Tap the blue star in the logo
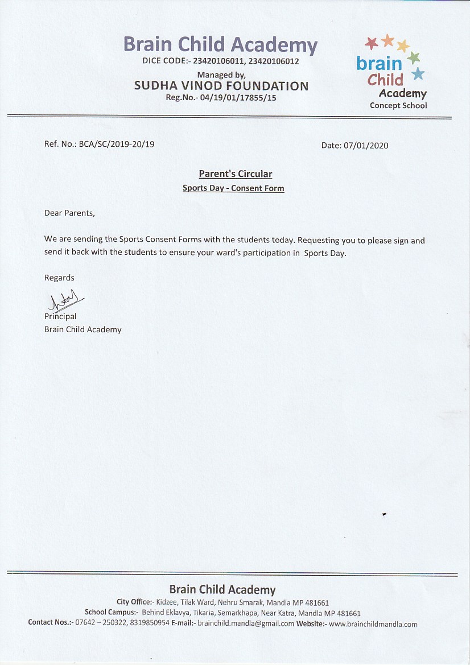coord(418,73)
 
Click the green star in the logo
coord(414,57)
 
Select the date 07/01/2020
coord(366,145)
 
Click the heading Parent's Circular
coord(235,174)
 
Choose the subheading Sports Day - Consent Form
coord(233,188)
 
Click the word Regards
coord(59,278)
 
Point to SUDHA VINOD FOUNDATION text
coord(221,86)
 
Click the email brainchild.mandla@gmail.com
coord(246,623)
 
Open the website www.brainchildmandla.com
coord(373,623)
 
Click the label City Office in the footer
coord(134,602)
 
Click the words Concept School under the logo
coord(398,105)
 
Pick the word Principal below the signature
coord(60,316)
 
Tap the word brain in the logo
coord(379,63)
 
